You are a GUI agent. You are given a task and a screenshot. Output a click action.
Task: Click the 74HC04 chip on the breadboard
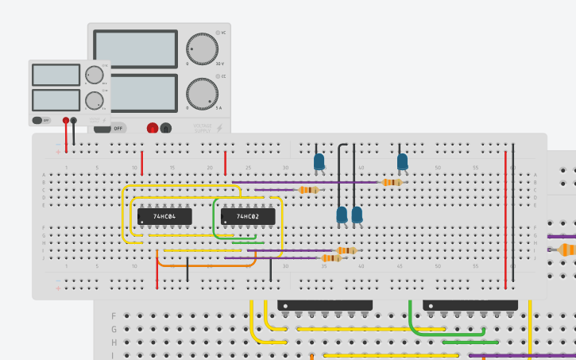pos(164,216)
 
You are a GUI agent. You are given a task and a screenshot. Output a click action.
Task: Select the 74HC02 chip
pos(248,216)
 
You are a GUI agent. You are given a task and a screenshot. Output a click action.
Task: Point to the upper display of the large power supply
pos(135,49)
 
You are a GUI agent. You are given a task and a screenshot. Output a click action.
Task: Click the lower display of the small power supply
pos(56,100)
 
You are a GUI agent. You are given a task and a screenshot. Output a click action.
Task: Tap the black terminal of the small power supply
pos(74,120)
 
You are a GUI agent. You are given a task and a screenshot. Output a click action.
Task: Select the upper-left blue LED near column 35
pos(319,162)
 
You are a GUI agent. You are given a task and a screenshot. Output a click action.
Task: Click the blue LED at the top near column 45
pos(403,162)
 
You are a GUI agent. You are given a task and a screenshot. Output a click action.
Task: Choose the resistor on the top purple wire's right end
pos(390,182)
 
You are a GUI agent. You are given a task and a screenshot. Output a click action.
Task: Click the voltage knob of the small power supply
pos(94,75)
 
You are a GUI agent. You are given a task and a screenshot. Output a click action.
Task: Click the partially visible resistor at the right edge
pos(567,250)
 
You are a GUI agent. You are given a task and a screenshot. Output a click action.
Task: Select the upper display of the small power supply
pos(56,75)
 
